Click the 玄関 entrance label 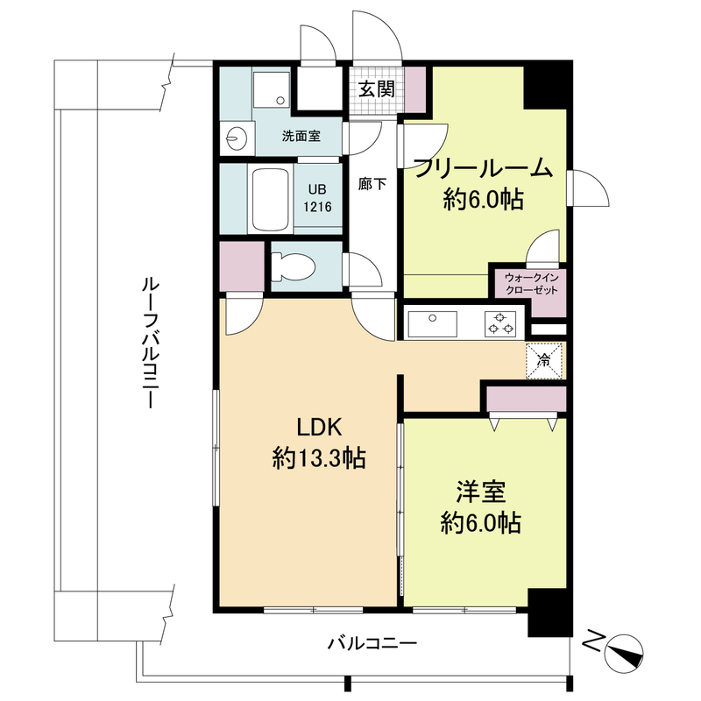[x=374, y=89]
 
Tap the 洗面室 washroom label [x=300, y=137]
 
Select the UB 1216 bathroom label [x=317, y=199]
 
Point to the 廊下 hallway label [x=370, y=184]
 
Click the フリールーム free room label [x=483, y=168]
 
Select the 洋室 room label [x=480, y=492]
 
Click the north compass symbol [x=620, y=649]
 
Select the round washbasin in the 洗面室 [x=236, y=138]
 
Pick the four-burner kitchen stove [x=502, y=324]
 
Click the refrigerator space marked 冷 [x=543, y=359]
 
